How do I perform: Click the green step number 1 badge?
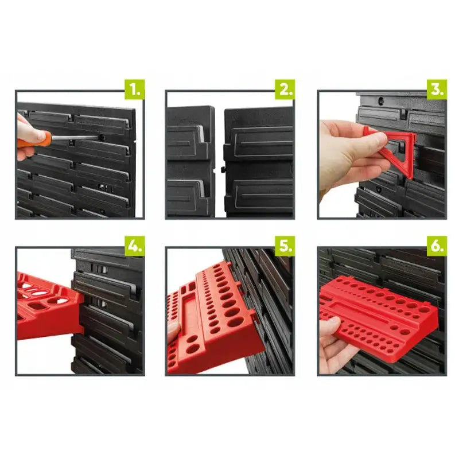tap(135, 90)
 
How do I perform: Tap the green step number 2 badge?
tap(285, 90)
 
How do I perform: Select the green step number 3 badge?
tap(437, 90)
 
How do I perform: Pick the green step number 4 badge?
tap(135, 246)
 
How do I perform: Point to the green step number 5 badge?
tap(285, 246)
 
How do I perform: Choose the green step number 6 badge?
tap(437, 246)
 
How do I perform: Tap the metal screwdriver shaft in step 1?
tap(75, 137)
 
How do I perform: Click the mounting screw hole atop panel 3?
tap(381, 100)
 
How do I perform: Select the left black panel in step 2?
tap(190, 161)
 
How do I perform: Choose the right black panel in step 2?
tap(259, 162)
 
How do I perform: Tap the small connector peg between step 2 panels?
tap(223, 169)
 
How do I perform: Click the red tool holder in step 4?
tap(49, 305)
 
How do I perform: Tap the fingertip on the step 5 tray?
tap(174, 331)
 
